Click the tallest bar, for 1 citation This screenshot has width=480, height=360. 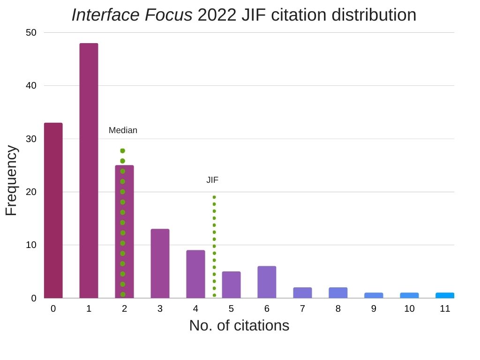pyautogui.click(x=89, y=171)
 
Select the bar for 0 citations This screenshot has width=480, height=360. pyautogui.click(x=53, y=210)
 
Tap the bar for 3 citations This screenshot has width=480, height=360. pyautogui.click(x=160, y=263)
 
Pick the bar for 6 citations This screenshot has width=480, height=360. pyautogui.click(x=267, y=282)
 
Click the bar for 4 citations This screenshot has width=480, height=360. pyautogui.click(x=195, y=274)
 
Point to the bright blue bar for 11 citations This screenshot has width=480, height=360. pyautogui.click(x=445, y=295)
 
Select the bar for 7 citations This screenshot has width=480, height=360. pyautogui.click(x=302, y=292)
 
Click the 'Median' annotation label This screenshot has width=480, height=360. pyautogui.click(x=123, y=130)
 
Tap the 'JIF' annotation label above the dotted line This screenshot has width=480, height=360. pyautogui.click(x=212, y=180)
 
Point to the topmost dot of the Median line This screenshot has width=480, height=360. pyautogui.click(x=123, y=151)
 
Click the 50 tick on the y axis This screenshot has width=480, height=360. pyautogui.click(x=31, y=32)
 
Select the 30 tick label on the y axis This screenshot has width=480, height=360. pyautogui.click(x=31, y=139)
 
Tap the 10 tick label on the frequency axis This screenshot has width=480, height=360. pyautogui.click(x=31, y=245)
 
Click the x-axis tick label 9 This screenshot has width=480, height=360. pyautogui.click(x=374, y=309)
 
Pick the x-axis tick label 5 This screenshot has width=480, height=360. pyautogui.click(x=231, y=309)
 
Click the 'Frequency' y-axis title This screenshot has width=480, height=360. pyautogui.click(x=11, y=180)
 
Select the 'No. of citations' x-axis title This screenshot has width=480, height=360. pyautogui.click(x=239, y=325)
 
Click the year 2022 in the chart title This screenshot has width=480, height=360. pyautogui.click(x=217, y=15)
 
